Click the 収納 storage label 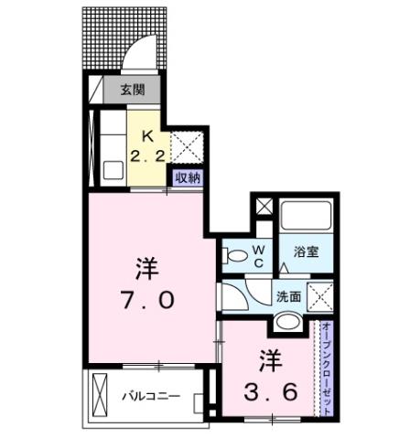coord(187,177)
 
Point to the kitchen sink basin coord(114,170)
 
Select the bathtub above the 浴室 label coord(307,216)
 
